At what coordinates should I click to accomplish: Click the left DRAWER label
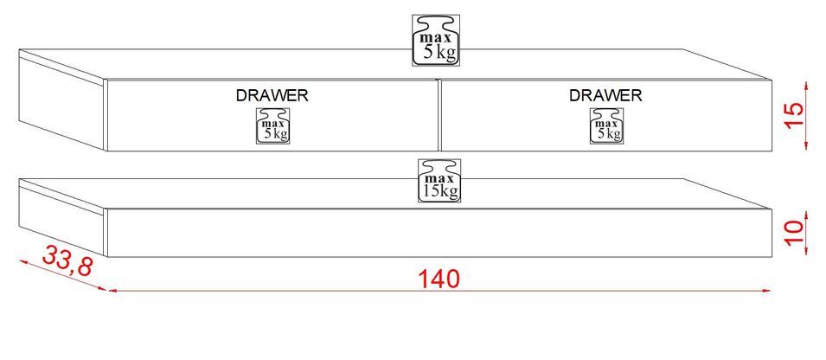pyautogui.click(x=272, y=95)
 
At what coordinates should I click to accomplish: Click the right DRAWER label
pyautogui.click(x=605, y=95)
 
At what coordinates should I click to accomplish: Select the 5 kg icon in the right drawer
pyautogui.click(x=606, y=125)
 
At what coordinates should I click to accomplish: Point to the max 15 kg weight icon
pyautogui.click(x=439, y=180)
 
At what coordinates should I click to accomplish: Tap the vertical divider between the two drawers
pyautogui.click(x=438, y=116)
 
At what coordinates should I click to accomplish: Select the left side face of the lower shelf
pyautogui.click(x=61, y=216)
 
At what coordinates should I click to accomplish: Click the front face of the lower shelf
pyautogui.click(x=346, y=234)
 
